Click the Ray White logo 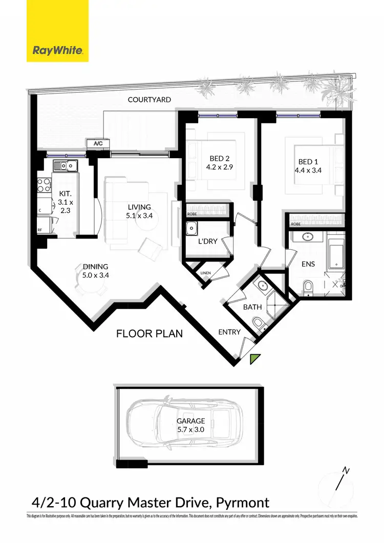pyautogui.click(x=57, y=50)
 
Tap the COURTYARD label pyautogui.click(x=150, y=100)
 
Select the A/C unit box pyautogui.click(x=98, y=144)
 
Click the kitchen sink pyautogui.click(x=65, y=165)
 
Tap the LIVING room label pyautogui.click(x=139, y=207)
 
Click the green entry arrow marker pyautogui.click(x=255, y=359)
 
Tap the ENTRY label pyautogui.click(x=229, y=332)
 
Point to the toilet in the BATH pyautogui.click(x=259, y=322)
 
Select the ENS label pyautogui.click(x=309, y=265)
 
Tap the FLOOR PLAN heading pyautogui.click(x=150, y=334)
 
